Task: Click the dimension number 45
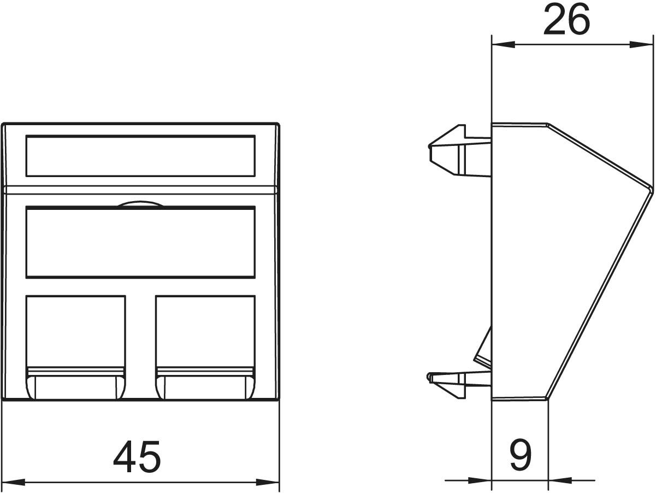[x=137, y=456]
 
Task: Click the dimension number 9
[x=521, y=455]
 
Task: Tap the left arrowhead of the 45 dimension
[x=13, y=482]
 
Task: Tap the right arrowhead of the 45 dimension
[x=268, y=482]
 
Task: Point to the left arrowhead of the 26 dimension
[x=503, y=45]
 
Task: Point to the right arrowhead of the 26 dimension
[x=641, y=45]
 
